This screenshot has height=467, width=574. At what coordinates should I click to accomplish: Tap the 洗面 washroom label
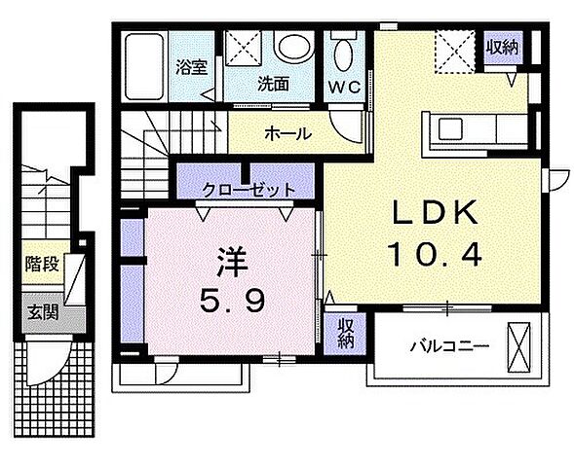(273, 84)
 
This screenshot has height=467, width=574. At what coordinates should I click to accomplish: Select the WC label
(345, 86)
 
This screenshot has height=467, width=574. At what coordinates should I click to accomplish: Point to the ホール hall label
(287, 132)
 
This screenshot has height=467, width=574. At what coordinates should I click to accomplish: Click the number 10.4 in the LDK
(436, 256)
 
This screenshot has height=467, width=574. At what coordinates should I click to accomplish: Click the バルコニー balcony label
(448, 346)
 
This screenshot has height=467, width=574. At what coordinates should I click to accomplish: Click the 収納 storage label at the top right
(503, 48)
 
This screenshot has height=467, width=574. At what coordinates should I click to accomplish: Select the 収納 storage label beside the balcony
(347, 333)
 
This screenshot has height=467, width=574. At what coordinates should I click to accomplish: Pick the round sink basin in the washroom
(290, 48)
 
